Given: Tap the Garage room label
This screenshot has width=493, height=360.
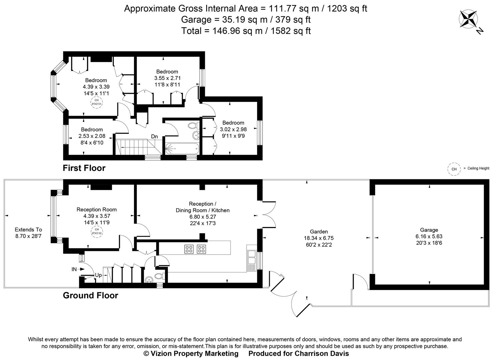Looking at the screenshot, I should pyautogui.click(x=429, y=230).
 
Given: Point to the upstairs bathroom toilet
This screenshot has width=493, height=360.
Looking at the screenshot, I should pyautogui.click(x=192, y=126).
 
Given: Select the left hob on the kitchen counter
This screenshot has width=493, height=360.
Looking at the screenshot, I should pyautogui.click(x=189, y=249).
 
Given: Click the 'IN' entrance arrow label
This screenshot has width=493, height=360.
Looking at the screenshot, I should pyautogui.click(x=74, y=269).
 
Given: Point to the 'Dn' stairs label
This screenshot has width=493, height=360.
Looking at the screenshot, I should pyautogui.click(x=154, y=137).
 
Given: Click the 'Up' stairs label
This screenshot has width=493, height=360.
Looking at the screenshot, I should pyautogui.click(x=98, y=275).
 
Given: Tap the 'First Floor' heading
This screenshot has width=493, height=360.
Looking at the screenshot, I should pyautogui.click(x=84, y=168).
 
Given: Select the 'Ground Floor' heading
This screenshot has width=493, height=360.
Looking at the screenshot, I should pyautogui.click(x=90, y=295).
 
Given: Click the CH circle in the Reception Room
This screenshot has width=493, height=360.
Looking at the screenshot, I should pyautogui.click(x=96, y=231).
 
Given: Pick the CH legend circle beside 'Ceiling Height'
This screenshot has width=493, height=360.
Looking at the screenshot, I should pyautogui.click(x=454, y=169).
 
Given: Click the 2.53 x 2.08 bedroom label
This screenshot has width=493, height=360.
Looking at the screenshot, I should pyautogui.click(x=92, y=136).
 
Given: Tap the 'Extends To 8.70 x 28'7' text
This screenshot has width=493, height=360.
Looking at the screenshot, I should pyautogui.click(x=29, y=233).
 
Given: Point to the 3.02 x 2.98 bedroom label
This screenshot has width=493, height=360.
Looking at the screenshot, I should pyautogui.click(x=233, y=129).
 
